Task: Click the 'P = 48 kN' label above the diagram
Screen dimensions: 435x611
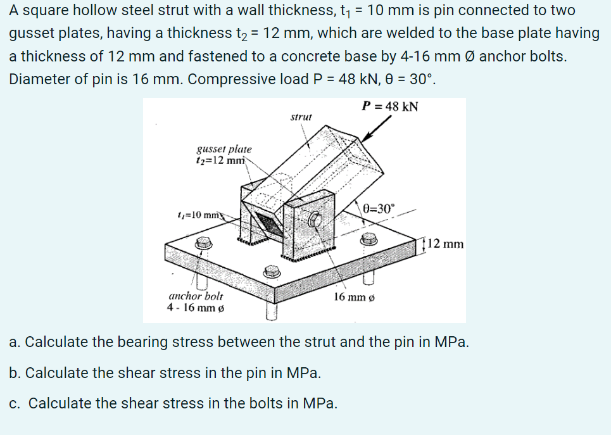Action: coord(389,106)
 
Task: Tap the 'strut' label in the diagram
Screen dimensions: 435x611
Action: coord(301,117)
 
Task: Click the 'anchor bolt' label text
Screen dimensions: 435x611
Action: coord(196,296)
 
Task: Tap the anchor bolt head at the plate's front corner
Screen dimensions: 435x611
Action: coord(272,271)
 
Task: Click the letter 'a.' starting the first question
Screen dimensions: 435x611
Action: coord(15,343)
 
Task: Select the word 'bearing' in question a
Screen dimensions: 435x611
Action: coord(120,343)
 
